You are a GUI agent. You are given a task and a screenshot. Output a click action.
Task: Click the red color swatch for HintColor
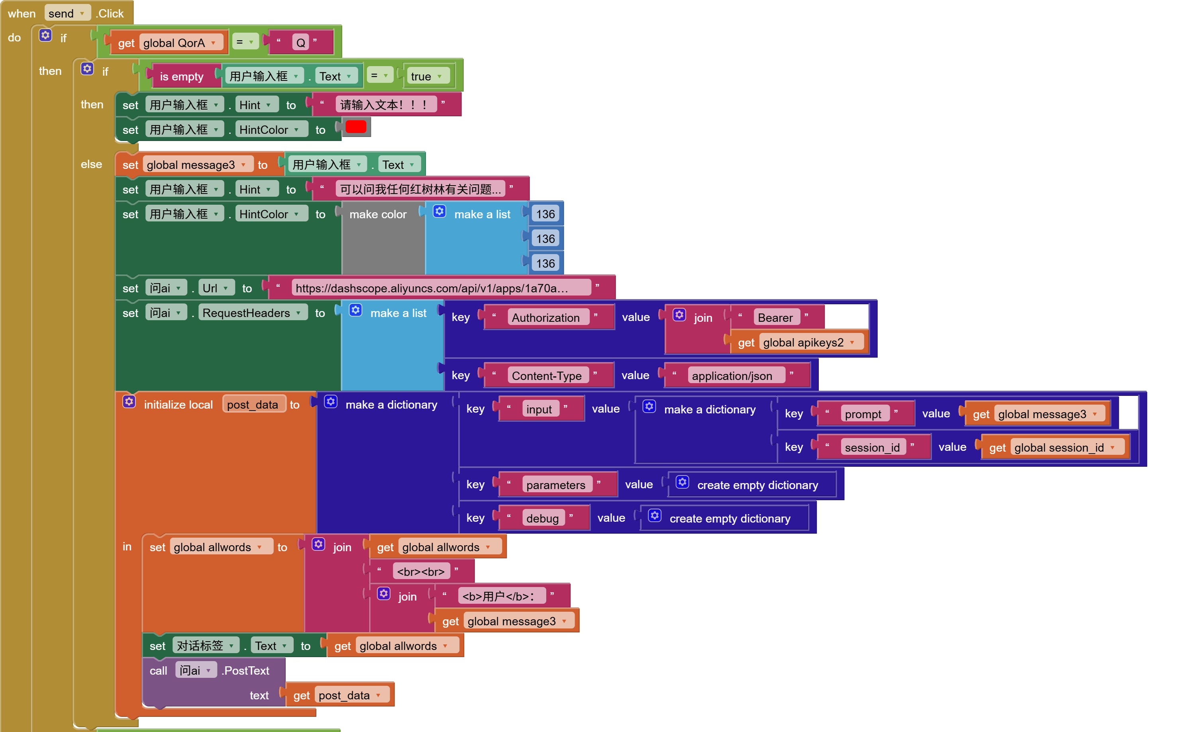pyautogui.click(x=355, y=127)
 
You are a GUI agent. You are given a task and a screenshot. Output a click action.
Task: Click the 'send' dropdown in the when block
pyautogui.click(x=67, y=13)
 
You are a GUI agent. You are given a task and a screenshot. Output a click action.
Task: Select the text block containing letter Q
pyautogui.click(x=300, y=43)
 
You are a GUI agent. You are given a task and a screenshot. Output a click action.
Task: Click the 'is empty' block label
pyautogui.click(x=181, y=76)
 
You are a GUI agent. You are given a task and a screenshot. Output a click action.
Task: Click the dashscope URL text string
pyautogui.click(x=431, y=288)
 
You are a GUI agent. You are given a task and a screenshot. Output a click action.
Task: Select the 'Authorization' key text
pyautogui.click(x=545, y=317)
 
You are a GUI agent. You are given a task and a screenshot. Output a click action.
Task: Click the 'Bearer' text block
pyautogui.click(x=775, y=317)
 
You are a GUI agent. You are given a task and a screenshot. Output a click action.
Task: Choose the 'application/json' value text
pyautogui.click(x=732, y=376)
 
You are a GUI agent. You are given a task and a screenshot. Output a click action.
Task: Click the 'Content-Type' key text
pyautogui.click(x=546, y=376)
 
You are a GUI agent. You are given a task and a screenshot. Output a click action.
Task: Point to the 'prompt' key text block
pyautogui.click(x=863, y=414)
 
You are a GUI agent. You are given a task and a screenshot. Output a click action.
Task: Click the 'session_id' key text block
pyautogui.click(x=872, y=447)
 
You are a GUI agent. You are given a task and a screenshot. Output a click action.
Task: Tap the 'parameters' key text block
pyautogui.click(x=555, y=485)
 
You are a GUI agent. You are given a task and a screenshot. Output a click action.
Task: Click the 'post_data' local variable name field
pyautogui.click(x=252, y=405)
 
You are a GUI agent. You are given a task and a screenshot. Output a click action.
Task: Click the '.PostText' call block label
pyautogui.click(x=246, y=671)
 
